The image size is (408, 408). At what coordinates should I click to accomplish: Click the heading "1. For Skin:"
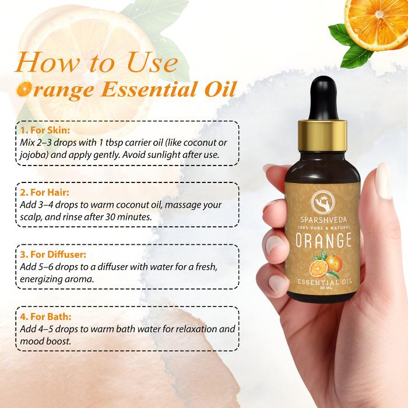[45, 130]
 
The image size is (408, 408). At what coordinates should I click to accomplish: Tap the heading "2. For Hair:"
[45, 192]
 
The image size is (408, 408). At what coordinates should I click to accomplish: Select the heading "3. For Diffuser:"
[53, 255]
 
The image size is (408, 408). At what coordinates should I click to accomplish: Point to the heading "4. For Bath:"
[45, 317]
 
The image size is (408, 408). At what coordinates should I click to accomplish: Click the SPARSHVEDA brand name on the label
[323, 220]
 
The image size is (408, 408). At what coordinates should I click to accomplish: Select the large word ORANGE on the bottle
[323, 240]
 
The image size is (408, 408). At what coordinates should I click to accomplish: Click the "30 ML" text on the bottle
[324, 288]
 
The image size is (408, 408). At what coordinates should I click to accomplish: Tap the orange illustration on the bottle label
[325, 264]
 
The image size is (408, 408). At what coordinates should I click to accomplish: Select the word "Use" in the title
[152, 62]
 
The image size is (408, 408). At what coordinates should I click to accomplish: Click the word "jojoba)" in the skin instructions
[34, 155]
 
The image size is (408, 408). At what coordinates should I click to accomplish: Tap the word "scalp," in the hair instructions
[31, 217]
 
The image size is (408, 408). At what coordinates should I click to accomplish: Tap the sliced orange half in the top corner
[377, 23]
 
